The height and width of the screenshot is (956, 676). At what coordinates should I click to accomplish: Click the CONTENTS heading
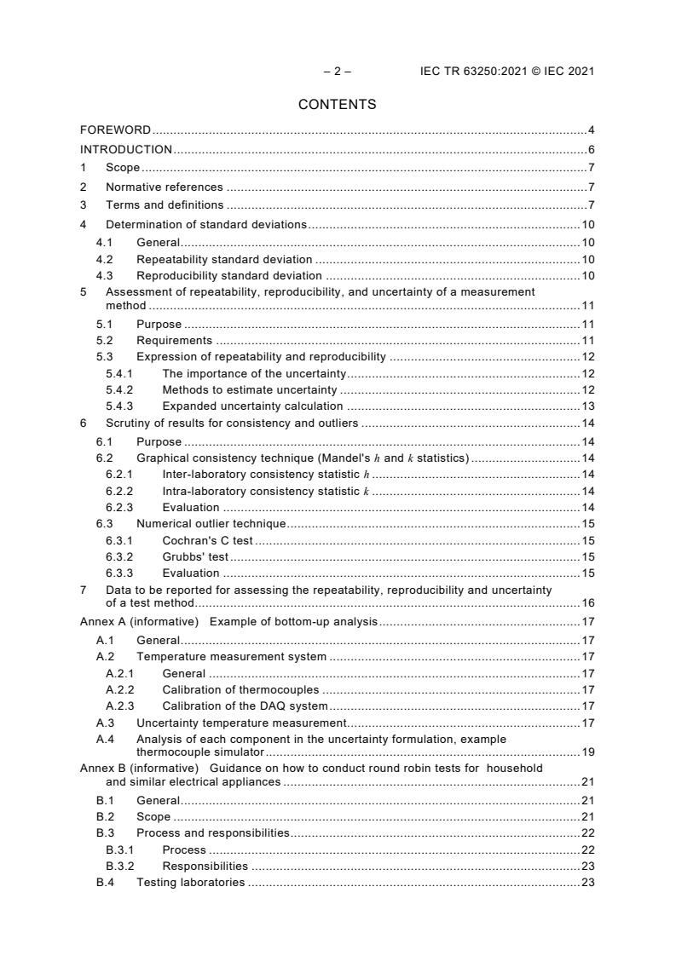(337, 105)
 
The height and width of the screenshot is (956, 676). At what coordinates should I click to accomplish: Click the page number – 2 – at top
(337, 72)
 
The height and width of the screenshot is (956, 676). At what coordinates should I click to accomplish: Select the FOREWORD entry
(115, 130)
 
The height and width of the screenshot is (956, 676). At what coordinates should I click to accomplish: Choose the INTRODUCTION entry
(126, 149)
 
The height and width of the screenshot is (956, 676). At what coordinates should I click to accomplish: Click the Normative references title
(164, 187)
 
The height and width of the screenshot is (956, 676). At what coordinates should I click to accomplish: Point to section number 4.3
(104, 275)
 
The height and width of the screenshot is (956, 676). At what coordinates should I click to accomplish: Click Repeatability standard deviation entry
(224, 259)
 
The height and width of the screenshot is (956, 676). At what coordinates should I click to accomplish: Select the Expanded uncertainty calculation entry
(252, 406)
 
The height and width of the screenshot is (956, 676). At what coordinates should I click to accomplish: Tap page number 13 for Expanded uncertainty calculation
(587, 406)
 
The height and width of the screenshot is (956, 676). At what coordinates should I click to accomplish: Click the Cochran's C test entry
(207, 540)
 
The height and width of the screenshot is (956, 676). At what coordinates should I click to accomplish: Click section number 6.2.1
(118, 474)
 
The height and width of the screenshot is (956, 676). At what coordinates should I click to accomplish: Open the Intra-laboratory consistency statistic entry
(265, 491)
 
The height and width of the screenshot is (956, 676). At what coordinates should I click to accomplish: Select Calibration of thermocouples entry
(240, 689)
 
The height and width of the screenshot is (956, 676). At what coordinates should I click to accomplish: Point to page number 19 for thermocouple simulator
(587, 752)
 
